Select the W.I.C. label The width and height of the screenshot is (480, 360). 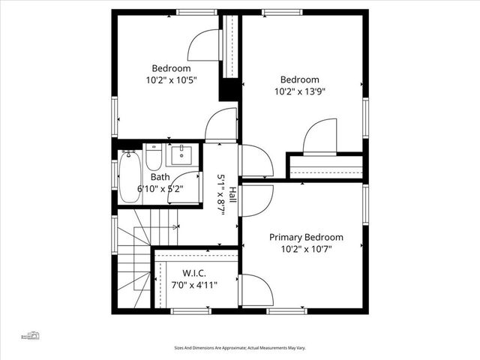(x=194, y=274)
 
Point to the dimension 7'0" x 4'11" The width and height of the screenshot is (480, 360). (x=194, y=285)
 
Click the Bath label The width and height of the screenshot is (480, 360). (x=160, y=178)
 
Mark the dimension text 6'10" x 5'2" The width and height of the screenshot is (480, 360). (x=160, y=189)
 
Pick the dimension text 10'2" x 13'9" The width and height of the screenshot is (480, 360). (x=300, y=91)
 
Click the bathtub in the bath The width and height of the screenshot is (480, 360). (x=127, y=176)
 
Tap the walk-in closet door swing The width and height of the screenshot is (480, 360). (x=253, y=289)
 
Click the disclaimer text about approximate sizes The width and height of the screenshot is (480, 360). (x=240, y=347)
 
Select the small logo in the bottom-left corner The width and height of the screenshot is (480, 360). (x=31, y=334)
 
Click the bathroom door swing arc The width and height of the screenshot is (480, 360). (x=187, y=187)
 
